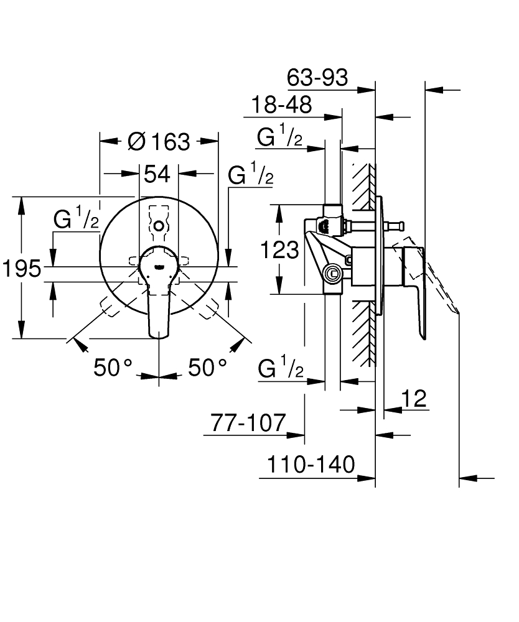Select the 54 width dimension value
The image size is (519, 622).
tap(157, 174)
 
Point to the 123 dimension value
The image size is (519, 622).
tap(279, 250)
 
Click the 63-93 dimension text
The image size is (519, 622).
tap(317, 78)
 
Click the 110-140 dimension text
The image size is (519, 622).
tap(311, 464)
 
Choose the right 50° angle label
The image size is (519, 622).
tap(207, 368)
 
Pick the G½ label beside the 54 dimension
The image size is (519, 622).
tap(250, 176)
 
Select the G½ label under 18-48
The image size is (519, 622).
tap(280, 137)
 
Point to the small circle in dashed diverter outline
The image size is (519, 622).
tap(159, 226)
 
